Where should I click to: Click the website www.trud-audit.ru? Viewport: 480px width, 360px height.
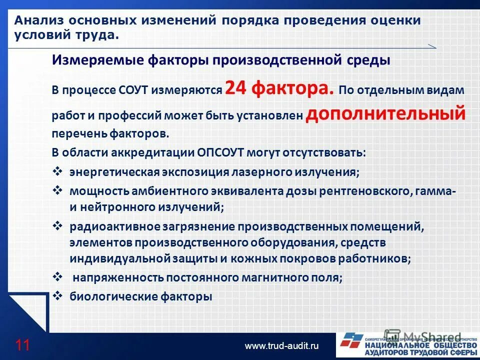pos(281,345)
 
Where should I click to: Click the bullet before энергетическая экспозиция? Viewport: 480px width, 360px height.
pos(57,171)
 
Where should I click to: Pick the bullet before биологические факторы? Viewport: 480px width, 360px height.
pos(57,296)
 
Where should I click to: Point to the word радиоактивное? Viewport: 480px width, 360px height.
pos(114,227)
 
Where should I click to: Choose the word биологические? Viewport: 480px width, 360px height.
pos(114,296)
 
